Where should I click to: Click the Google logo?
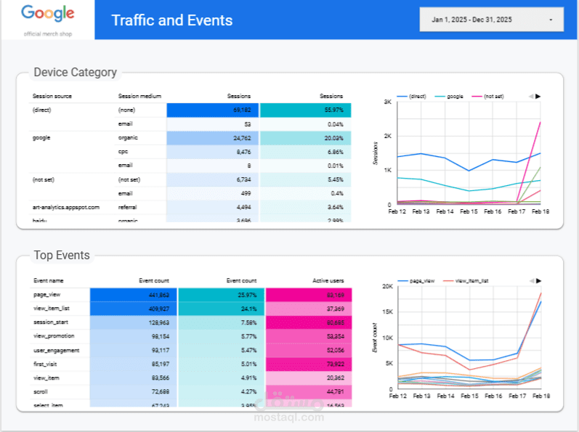47,13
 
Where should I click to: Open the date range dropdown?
491,20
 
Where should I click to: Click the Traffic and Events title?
172,20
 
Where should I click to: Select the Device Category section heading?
75,73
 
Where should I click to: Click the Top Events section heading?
62,256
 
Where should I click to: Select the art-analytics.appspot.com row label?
66,207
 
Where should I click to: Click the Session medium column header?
139,96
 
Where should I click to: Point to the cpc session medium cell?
123,152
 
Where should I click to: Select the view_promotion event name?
53,336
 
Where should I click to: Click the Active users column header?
328,280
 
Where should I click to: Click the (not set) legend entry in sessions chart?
493,96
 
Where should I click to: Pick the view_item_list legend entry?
471,280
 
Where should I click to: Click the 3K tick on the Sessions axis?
388,102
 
